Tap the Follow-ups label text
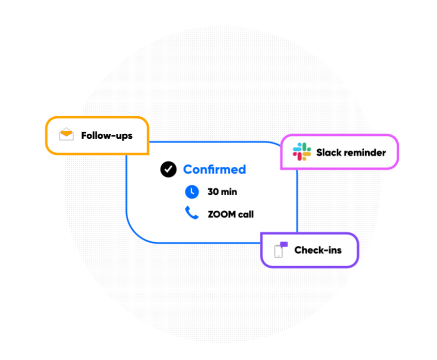pyautogui.click(x=107, y=136)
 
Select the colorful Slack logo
pyautogui.click(x=302, y=152)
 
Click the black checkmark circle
pyautogui.click(x=168, y=169)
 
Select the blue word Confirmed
pyautogui.click(x=214, y=169)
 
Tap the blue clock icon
pyautogui.click(x=192, y=192)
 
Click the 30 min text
pyautogui.click(x=222, y=192)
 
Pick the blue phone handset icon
pyautogui.click(x=192, y=213)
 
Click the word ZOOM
pyautogui.click(x=222, y=214)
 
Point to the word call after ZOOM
pyautogui.click(x=246, y=214)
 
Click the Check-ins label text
pyautogui.click(x=318, y=250)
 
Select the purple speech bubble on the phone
pyautogui.click(x=284, y=244)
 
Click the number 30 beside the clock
pyautogui.click(x=213, y=192)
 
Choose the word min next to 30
pyautogui.click(x=229, y=192)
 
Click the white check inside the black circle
pyautogui.click(x=168, y=169)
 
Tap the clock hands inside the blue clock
pyautogui.click(x=192, y=191)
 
